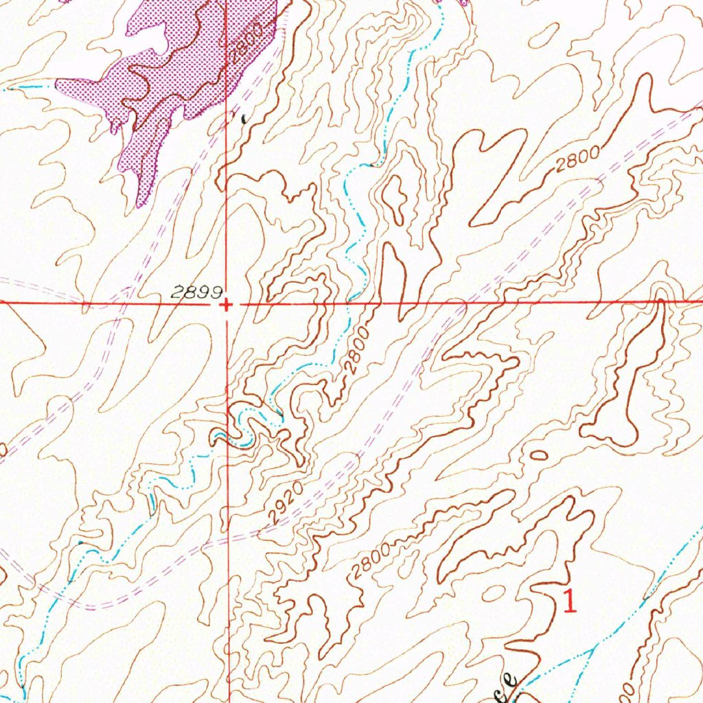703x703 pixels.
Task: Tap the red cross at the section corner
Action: point(226,303)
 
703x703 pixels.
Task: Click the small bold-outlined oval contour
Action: point(540,454)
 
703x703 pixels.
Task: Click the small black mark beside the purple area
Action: point(243,118)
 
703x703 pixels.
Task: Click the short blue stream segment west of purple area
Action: point(31,87)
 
